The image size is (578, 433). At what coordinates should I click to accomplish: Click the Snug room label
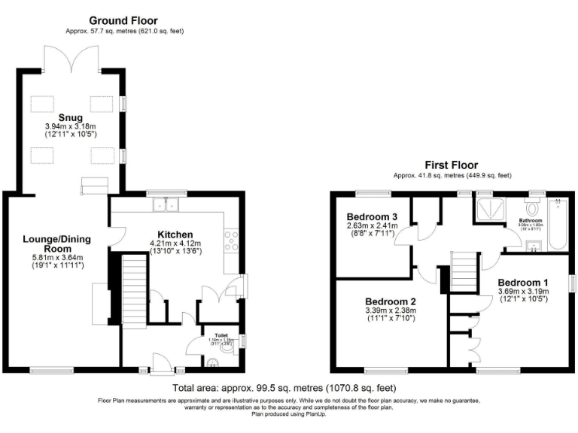pos(70,117)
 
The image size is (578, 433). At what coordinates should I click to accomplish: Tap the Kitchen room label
pos(175,234)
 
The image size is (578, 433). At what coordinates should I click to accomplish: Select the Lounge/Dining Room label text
pos(56,244)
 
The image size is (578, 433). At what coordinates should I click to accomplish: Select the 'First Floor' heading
pos(451,165)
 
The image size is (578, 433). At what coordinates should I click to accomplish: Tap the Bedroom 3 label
pos(372,217)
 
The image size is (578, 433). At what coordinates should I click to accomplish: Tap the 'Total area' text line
pos(284,388)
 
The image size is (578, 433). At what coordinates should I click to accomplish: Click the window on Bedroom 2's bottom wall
pos(382,370)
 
